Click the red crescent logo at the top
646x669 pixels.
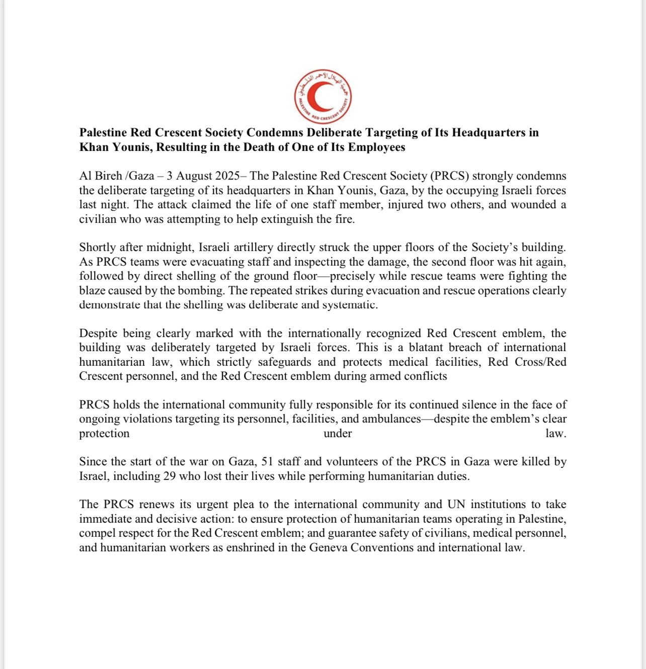tap(322, 97)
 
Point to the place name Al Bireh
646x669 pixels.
tap(101, 176)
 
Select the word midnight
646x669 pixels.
tap(169, 247)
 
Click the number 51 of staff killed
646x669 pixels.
tap(267, 462)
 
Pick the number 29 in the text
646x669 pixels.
tap(170, 476)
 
